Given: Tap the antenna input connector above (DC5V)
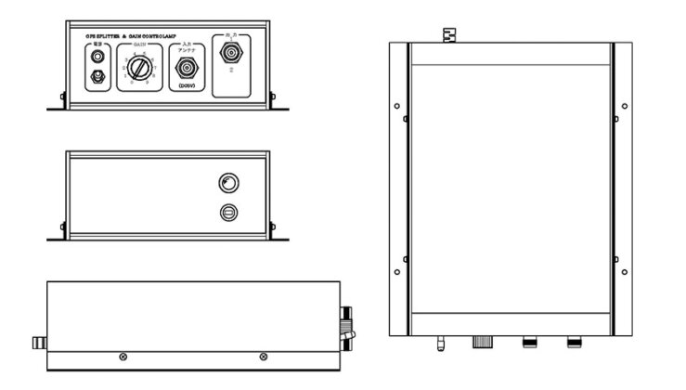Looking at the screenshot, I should [185, 69].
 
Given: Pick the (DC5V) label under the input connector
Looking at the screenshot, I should [185, 88].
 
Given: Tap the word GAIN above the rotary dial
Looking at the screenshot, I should [140, 44].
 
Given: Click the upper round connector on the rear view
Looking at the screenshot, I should [227, 182].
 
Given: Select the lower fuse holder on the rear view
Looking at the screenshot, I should [227, 213].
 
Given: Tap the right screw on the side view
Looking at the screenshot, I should [263, 357].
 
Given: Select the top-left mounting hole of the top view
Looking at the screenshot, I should [397, 105].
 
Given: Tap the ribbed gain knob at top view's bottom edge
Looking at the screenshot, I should [483, 342].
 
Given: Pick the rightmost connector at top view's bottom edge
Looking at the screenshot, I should [574, 342].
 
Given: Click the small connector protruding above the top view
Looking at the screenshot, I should [451, 35].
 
